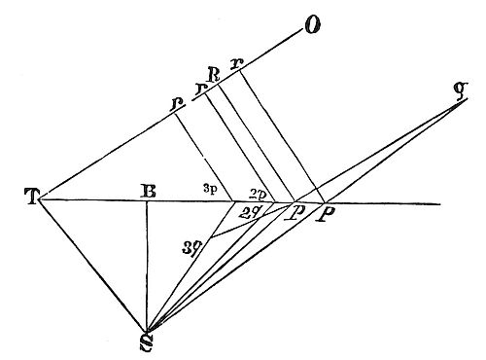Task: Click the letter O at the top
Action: [312, 24]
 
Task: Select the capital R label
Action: [214, 72]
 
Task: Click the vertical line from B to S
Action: [146, 263]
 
